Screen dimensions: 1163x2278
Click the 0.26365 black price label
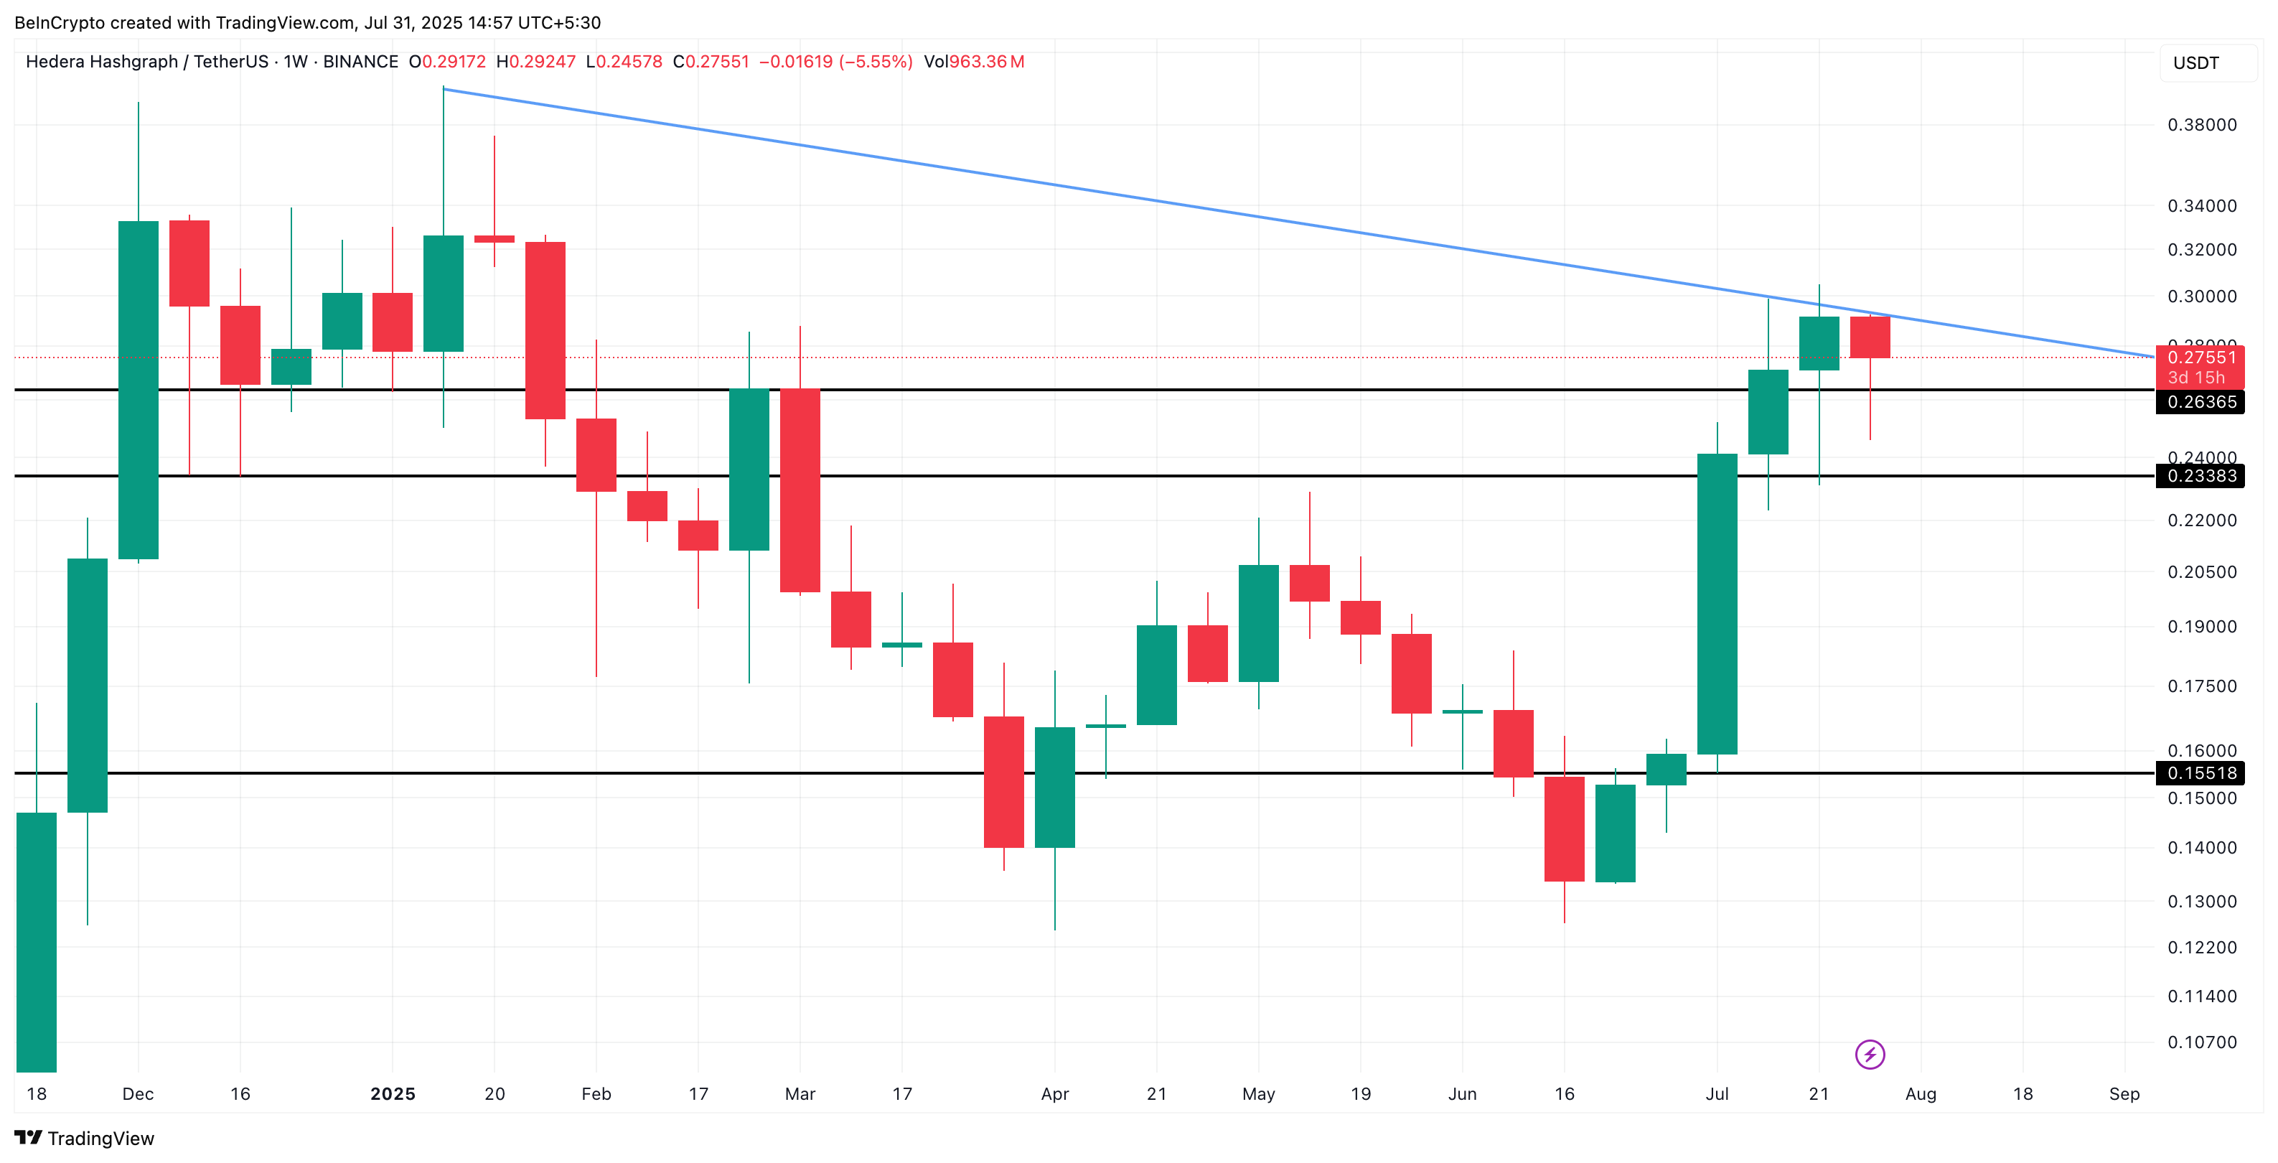2201,403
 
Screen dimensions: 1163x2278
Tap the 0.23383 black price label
2201,477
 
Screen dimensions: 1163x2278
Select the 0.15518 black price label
2201,774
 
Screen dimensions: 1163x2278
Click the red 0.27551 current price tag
2201,358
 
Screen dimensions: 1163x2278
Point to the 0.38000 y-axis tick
2201,126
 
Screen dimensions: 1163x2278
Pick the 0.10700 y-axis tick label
2201,1042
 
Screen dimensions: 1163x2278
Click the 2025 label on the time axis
393,1095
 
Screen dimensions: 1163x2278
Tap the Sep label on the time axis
2124,1095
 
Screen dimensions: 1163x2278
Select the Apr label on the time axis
1054,1095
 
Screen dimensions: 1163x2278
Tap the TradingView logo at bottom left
85,1139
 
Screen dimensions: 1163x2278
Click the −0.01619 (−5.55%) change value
835,62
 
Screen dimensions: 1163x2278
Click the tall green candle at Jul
1717,604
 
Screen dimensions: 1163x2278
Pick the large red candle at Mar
800,491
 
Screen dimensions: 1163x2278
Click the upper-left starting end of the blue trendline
444,89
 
